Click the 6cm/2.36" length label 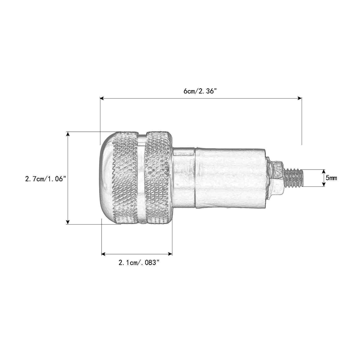coord(200,91)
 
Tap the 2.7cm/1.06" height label coord(45,179)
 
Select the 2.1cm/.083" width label coord(139,262)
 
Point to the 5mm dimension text coord(331,178)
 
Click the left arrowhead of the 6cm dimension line coord(102,98)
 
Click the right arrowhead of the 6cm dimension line coord(300,98)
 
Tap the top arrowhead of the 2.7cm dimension coord(68,134)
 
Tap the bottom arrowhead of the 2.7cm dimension coord(68,222)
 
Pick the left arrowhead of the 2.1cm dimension coord(104,254)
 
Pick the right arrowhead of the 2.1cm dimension coord(170,254)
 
